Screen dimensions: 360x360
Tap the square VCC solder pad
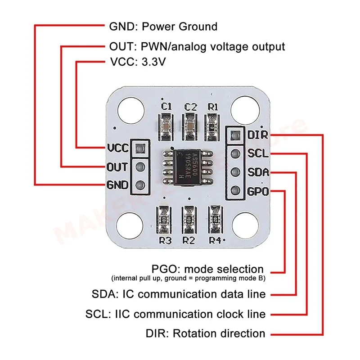[139, 148]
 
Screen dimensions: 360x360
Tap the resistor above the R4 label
[215, 220]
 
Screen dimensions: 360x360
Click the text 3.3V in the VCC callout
[153, 62]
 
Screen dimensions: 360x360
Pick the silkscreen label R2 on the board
[189, 240]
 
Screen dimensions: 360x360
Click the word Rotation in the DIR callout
[195, 333]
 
